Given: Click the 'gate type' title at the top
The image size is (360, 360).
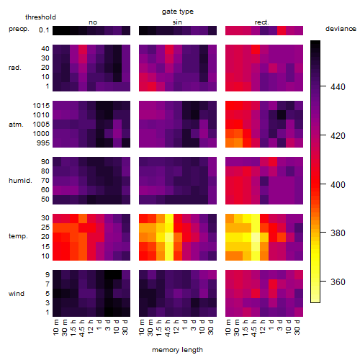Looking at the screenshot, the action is click(178, 12).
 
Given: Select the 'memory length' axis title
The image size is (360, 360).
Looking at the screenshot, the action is click(177, 350).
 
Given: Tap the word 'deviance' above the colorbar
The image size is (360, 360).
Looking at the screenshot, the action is click(341, 29).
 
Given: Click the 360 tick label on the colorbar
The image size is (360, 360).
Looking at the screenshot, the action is click(338, 282).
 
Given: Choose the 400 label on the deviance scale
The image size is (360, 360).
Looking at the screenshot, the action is click(338, 185).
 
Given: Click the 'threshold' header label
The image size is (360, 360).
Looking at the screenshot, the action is click(40, 17).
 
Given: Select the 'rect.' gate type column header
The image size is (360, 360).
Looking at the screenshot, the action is click(262, 22).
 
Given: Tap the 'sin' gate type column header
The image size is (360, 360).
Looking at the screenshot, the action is click(177, 22).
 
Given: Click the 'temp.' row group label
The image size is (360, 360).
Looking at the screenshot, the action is click(18, 236).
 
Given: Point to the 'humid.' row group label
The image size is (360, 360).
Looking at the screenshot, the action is click(20, 181).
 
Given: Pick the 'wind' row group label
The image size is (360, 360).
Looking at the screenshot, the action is click(17, 294).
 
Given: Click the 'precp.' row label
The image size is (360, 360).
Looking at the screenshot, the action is click(19, 29).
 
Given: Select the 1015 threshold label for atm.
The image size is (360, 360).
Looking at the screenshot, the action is click(41, 106).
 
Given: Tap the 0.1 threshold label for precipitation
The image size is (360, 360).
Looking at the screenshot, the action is click(44, 30).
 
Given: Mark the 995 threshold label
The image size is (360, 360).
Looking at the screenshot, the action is click(43, 143).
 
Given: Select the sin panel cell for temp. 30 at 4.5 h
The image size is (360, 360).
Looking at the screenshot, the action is click(169, 219).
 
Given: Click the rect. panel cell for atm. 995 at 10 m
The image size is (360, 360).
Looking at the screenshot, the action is click(230, 143).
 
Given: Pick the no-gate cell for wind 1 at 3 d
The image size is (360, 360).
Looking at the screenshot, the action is click(109, 312).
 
